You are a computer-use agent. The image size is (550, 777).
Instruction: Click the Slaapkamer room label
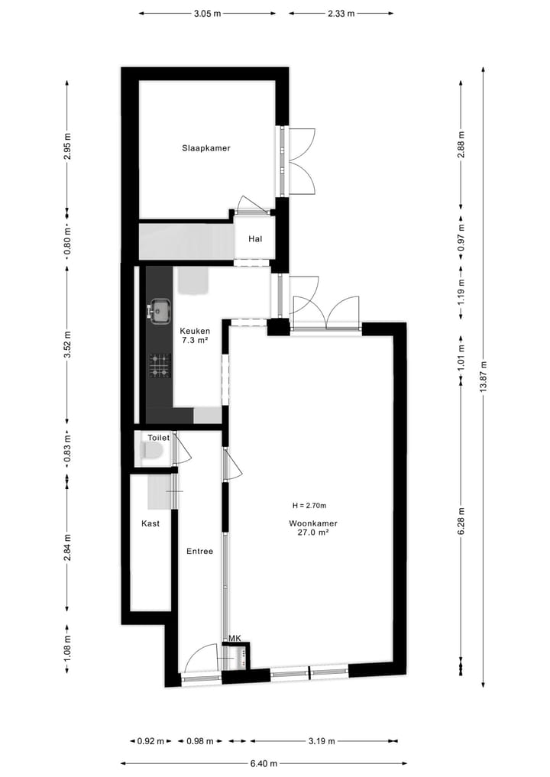[x=206, y=147]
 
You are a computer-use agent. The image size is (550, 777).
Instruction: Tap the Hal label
[x=255, y=239]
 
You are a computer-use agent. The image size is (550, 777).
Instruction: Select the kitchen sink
[x=160, y=310]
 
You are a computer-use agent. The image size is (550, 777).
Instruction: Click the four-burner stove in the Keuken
[x=160, y=365]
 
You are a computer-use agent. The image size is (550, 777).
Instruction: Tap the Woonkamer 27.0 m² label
[x=313, y=529]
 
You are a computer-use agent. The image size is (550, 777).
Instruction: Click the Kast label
[x=150, y=524]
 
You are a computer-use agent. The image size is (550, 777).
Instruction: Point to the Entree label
[x=199, y=551]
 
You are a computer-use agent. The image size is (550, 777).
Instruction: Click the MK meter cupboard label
[x=235, y=638]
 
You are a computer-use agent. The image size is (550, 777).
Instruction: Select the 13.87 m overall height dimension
[x=484, y=375]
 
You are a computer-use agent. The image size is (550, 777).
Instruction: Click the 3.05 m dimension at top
[x=207, y=13]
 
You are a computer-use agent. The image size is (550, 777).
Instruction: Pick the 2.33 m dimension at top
[x=341, y=13]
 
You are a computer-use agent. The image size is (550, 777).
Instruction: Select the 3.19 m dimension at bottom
[x=324, y=740]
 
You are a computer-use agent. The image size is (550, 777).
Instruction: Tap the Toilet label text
[x=158, y=438]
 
